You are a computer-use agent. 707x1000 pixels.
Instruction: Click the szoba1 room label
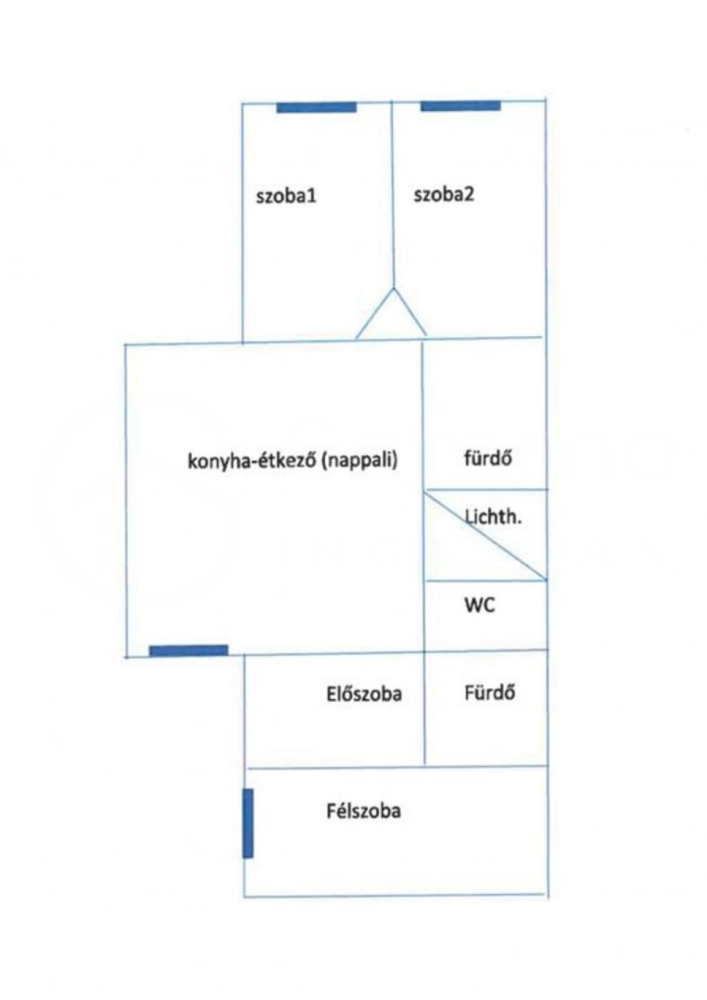(286, 196)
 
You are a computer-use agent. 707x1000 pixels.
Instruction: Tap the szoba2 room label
(444, 195)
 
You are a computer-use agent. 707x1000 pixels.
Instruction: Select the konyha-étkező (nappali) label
(293, 460)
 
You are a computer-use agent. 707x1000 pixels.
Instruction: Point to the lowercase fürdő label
(488, 458)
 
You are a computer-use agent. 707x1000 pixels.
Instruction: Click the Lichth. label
(493, 517)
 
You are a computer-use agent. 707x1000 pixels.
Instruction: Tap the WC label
(480, 605)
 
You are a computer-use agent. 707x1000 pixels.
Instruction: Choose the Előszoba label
(364, 693)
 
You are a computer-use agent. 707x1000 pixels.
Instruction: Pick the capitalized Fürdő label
(490, 692)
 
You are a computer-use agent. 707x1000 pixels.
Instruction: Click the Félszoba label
(363, 810)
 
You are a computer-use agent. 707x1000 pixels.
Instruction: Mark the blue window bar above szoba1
(316, 108)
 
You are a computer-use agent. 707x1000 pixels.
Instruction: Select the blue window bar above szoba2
(461, 106)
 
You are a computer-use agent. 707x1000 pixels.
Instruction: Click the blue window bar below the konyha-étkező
(188, 650)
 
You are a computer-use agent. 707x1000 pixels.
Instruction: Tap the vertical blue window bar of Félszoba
(248, 823)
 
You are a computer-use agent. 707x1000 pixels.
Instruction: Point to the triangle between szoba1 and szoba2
(391, 318)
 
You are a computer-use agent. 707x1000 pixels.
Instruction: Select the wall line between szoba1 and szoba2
(392, 193)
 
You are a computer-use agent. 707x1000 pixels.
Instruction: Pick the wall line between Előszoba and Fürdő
(424, 711)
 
